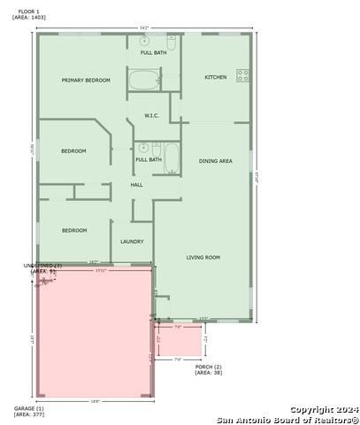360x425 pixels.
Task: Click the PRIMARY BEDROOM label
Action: pyautogui.click(x=86, y=81)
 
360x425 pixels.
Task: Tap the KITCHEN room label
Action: pyautogui.click(x=216, y=77)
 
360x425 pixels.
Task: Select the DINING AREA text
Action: pyautogui.click(x=215, y=161)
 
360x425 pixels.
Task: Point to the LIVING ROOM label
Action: pyautogui.click(x=203, y=258)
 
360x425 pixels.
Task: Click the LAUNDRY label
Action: pyautogui.click(x=132, y=241)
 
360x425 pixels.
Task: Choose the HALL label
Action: pyautogui.click(x=136, y=185)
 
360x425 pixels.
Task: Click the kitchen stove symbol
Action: pyautogui.click(x=242, y=76)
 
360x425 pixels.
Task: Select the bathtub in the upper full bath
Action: pyautogui.click(x=143, y=81)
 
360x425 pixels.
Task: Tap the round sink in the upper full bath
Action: pyautogui.click(x=144, y=41)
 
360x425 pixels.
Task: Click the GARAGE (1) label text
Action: pyautogui.click(x=28, y=408)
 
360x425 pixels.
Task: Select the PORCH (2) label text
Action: pyautogui.click(x=208, y=367)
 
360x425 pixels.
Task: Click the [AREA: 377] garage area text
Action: pyautogui.click(x=28, y=414)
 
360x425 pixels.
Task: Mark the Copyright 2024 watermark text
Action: pyautogui.click(x=325, y=410)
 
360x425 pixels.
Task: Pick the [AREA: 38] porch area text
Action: pyautogui.click(x=208, y=373)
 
